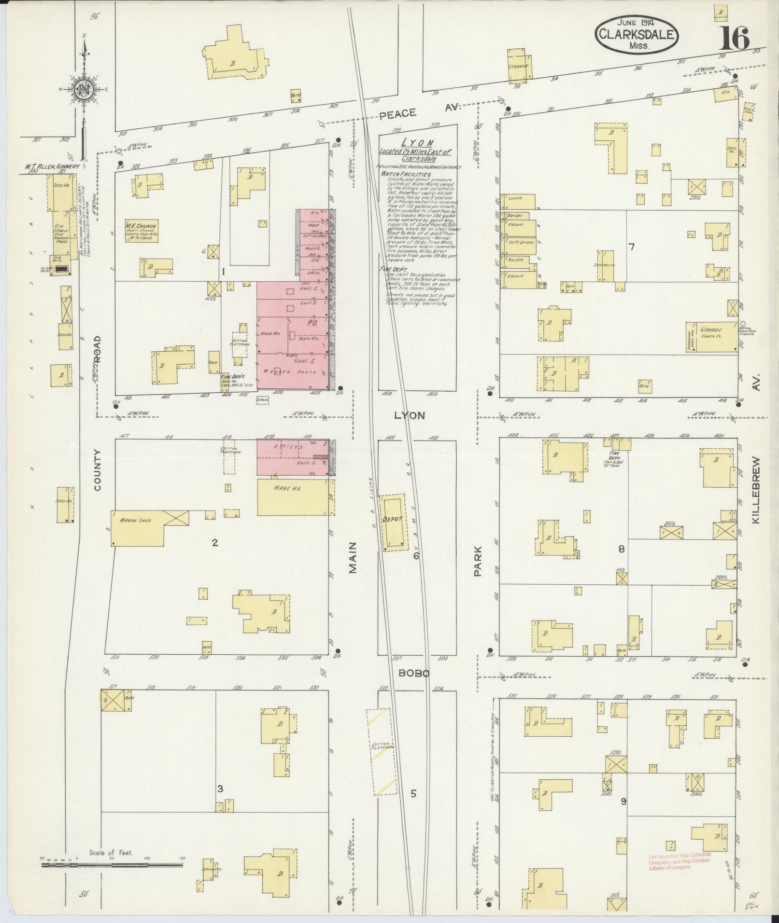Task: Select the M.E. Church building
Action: pyautogui.click(x=142, y=231)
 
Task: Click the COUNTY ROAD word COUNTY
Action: pyautogui.click(x=97, y=470)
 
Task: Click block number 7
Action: pyautogui.click(x=631, y=247)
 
